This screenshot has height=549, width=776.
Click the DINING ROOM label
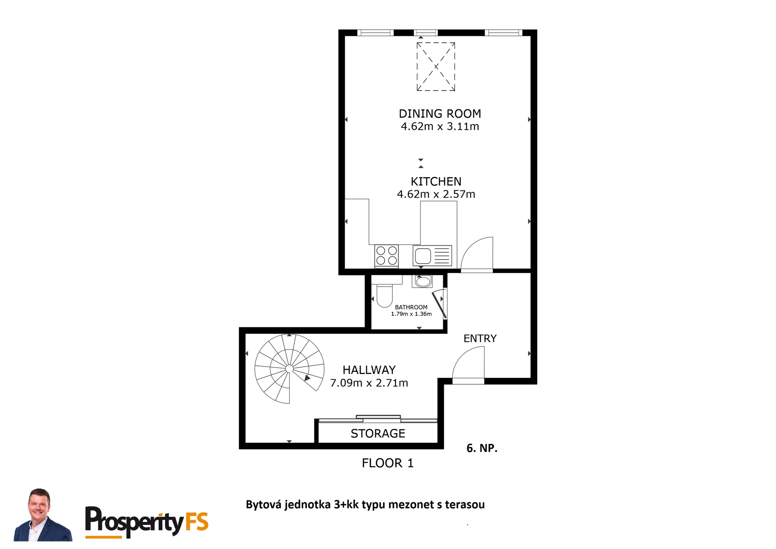(x=440, y=114)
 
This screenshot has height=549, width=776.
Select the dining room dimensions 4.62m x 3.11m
(x=440, y=127)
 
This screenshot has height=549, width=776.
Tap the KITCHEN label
(x=436, y=182)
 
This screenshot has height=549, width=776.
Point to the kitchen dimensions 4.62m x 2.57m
(x=436, y=194)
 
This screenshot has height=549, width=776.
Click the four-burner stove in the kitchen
(x=386, y=256)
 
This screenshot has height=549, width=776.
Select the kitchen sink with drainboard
(x=432, y=255)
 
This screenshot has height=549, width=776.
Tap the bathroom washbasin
(x=422, y=281)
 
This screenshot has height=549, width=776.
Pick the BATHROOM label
(x=411, y=307)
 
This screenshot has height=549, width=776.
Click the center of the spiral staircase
(x=289, y=369)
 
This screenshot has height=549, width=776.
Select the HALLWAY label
(x=369, y=370)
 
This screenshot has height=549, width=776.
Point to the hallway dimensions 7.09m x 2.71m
(x=369, y=383)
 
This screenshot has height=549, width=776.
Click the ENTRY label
(x=480, y=338)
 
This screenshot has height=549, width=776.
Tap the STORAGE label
(x=378, y=433)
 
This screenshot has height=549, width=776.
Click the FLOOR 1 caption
(x=388, y=463)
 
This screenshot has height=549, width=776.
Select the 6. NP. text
(x=482, y=448)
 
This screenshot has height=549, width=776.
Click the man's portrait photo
(x=42, y=515)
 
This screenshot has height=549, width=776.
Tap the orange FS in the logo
(x=197, y=522)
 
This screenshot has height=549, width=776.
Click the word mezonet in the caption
(x=405, y=505)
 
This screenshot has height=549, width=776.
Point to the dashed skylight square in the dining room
(x=436, y=67)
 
